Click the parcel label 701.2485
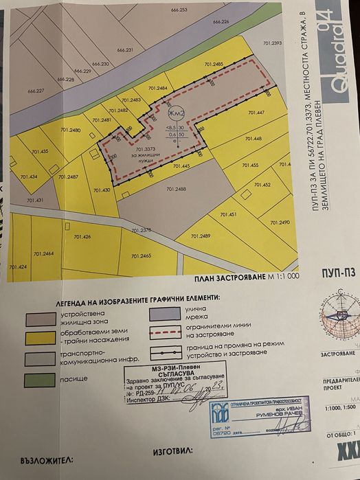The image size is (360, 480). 214,64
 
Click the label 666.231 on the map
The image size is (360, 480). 125,51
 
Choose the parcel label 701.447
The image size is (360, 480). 256,113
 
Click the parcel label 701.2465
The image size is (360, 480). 140,255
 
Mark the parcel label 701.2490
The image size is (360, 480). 280,223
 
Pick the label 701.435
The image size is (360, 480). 40,151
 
